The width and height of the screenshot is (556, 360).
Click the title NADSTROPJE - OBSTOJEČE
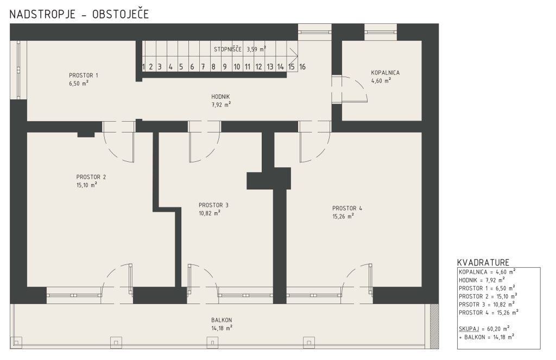[x=79, y=14]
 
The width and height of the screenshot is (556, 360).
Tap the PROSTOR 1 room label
[x=83, y=75]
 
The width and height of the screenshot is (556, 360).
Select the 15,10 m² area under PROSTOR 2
[x=87, y=185]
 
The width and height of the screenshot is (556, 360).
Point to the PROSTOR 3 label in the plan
[x=213, y=205]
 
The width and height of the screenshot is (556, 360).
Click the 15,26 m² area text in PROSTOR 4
[x=343, y=216]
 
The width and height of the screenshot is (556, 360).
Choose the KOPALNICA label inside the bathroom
[x=385, y=73]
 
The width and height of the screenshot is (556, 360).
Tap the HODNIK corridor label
[x=220, y=97]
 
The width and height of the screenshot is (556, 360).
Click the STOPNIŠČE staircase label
[x=228, y=49]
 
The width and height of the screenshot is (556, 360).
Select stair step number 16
[x=302, y=67]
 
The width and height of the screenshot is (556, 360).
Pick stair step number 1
[x=143, y=67]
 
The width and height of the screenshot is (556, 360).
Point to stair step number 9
[x=224, y=67]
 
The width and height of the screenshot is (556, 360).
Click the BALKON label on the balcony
[x=222, y=320]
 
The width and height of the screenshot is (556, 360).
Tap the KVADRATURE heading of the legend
[x=483, y=262]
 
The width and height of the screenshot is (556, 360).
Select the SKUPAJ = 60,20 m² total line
[x=484, y=329]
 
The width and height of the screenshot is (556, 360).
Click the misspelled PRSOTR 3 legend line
[x=486, y=304]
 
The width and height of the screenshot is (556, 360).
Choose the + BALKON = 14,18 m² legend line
[x=486, y=337]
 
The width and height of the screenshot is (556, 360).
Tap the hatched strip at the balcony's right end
[x=434, y=325]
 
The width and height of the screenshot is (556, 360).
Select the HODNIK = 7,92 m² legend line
[x=482, y=280]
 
